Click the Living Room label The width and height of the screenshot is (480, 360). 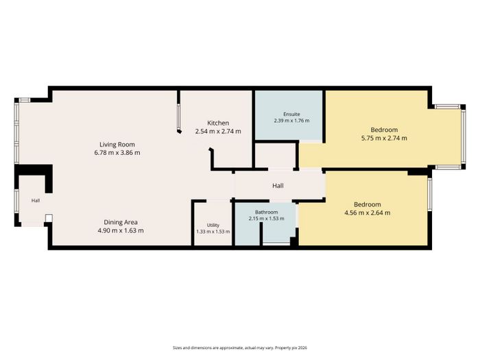(117, 145)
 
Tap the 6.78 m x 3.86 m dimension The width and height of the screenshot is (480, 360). (117, 152)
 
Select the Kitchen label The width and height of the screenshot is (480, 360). (218, 123)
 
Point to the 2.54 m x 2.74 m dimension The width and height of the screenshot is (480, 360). (218, 132)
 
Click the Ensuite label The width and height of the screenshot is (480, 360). (291, 115)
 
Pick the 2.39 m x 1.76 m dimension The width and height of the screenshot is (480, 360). (291, 121)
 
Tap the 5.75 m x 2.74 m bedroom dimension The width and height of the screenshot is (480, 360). (384, 138)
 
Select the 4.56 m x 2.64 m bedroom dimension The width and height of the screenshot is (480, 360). (368, 213)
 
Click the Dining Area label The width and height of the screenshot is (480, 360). (121, 222)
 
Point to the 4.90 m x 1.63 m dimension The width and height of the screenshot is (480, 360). (121, 230)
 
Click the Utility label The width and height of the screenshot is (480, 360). (213, 226)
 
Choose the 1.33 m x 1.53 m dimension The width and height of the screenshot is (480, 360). (213, 232)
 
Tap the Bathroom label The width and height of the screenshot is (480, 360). (266, 212)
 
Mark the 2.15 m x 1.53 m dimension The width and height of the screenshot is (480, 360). (266, 219)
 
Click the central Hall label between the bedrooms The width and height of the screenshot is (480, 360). (278, 186)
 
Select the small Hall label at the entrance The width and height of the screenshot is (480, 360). (36, 201)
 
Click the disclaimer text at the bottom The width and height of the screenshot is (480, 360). (240, 348)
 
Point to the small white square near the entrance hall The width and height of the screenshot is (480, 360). (49, 218)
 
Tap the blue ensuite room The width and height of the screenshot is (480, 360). (289, 115)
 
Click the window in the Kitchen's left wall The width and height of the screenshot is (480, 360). (178, 117)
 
